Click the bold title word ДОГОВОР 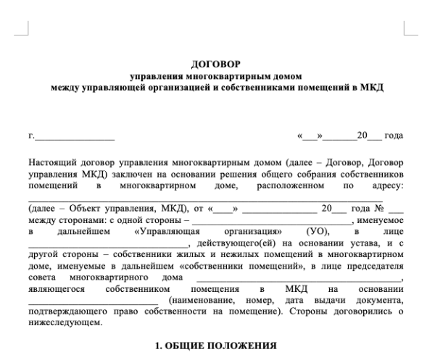[x=218, y=65]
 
